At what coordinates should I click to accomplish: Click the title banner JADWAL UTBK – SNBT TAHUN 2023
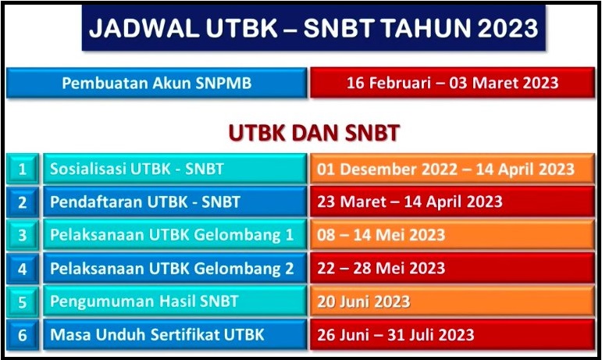314,27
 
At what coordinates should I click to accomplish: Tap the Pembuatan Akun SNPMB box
157,83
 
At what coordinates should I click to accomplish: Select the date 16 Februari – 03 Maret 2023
452,83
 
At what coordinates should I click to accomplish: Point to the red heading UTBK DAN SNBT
314,133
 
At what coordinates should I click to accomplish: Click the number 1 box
23,169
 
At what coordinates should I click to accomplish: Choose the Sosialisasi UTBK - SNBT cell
175,169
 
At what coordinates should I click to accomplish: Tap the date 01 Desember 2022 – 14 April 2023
452,169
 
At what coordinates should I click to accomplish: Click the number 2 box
23,201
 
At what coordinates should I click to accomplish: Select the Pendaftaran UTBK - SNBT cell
175,201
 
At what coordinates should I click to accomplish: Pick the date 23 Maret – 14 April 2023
452,201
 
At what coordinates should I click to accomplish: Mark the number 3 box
23,234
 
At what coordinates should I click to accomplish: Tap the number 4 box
23,268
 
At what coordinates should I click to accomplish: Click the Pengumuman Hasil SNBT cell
175,301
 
